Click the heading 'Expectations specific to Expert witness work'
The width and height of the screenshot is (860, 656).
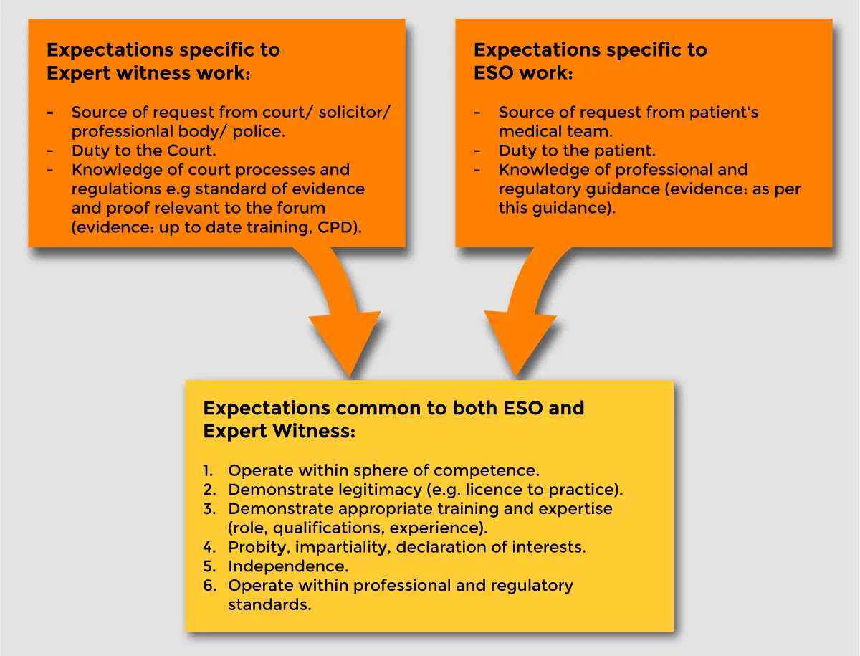(x=163, y=61)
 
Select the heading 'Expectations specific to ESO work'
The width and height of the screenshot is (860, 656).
(x=590, y=61)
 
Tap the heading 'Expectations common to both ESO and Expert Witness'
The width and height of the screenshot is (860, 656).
(x=393, y=419)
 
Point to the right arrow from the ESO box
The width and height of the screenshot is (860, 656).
(x=527, y=308)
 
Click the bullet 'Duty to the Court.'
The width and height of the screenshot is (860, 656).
(x=143, y=151)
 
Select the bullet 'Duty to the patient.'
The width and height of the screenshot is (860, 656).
(x=577, y=151)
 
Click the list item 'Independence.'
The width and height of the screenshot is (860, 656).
(x=288, y=566)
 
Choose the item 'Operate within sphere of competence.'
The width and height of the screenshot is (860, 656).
(x=383, y=471)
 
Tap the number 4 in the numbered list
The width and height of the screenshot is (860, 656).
(x=209, y=547)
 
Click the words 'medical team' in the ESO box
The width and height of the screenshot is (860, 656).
(x=555, y=131)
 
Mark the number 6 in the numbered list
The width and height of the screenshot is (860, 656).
(x=209, y=586)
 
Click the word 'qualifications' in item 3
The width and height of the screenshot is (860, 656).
(x=322, y=528)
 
